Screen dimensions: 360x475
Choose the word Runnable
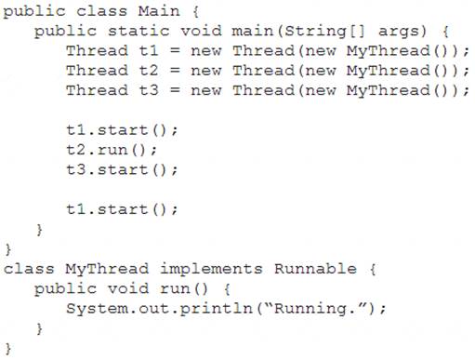315,269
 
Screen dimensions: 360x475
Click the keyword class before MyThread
29,269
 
